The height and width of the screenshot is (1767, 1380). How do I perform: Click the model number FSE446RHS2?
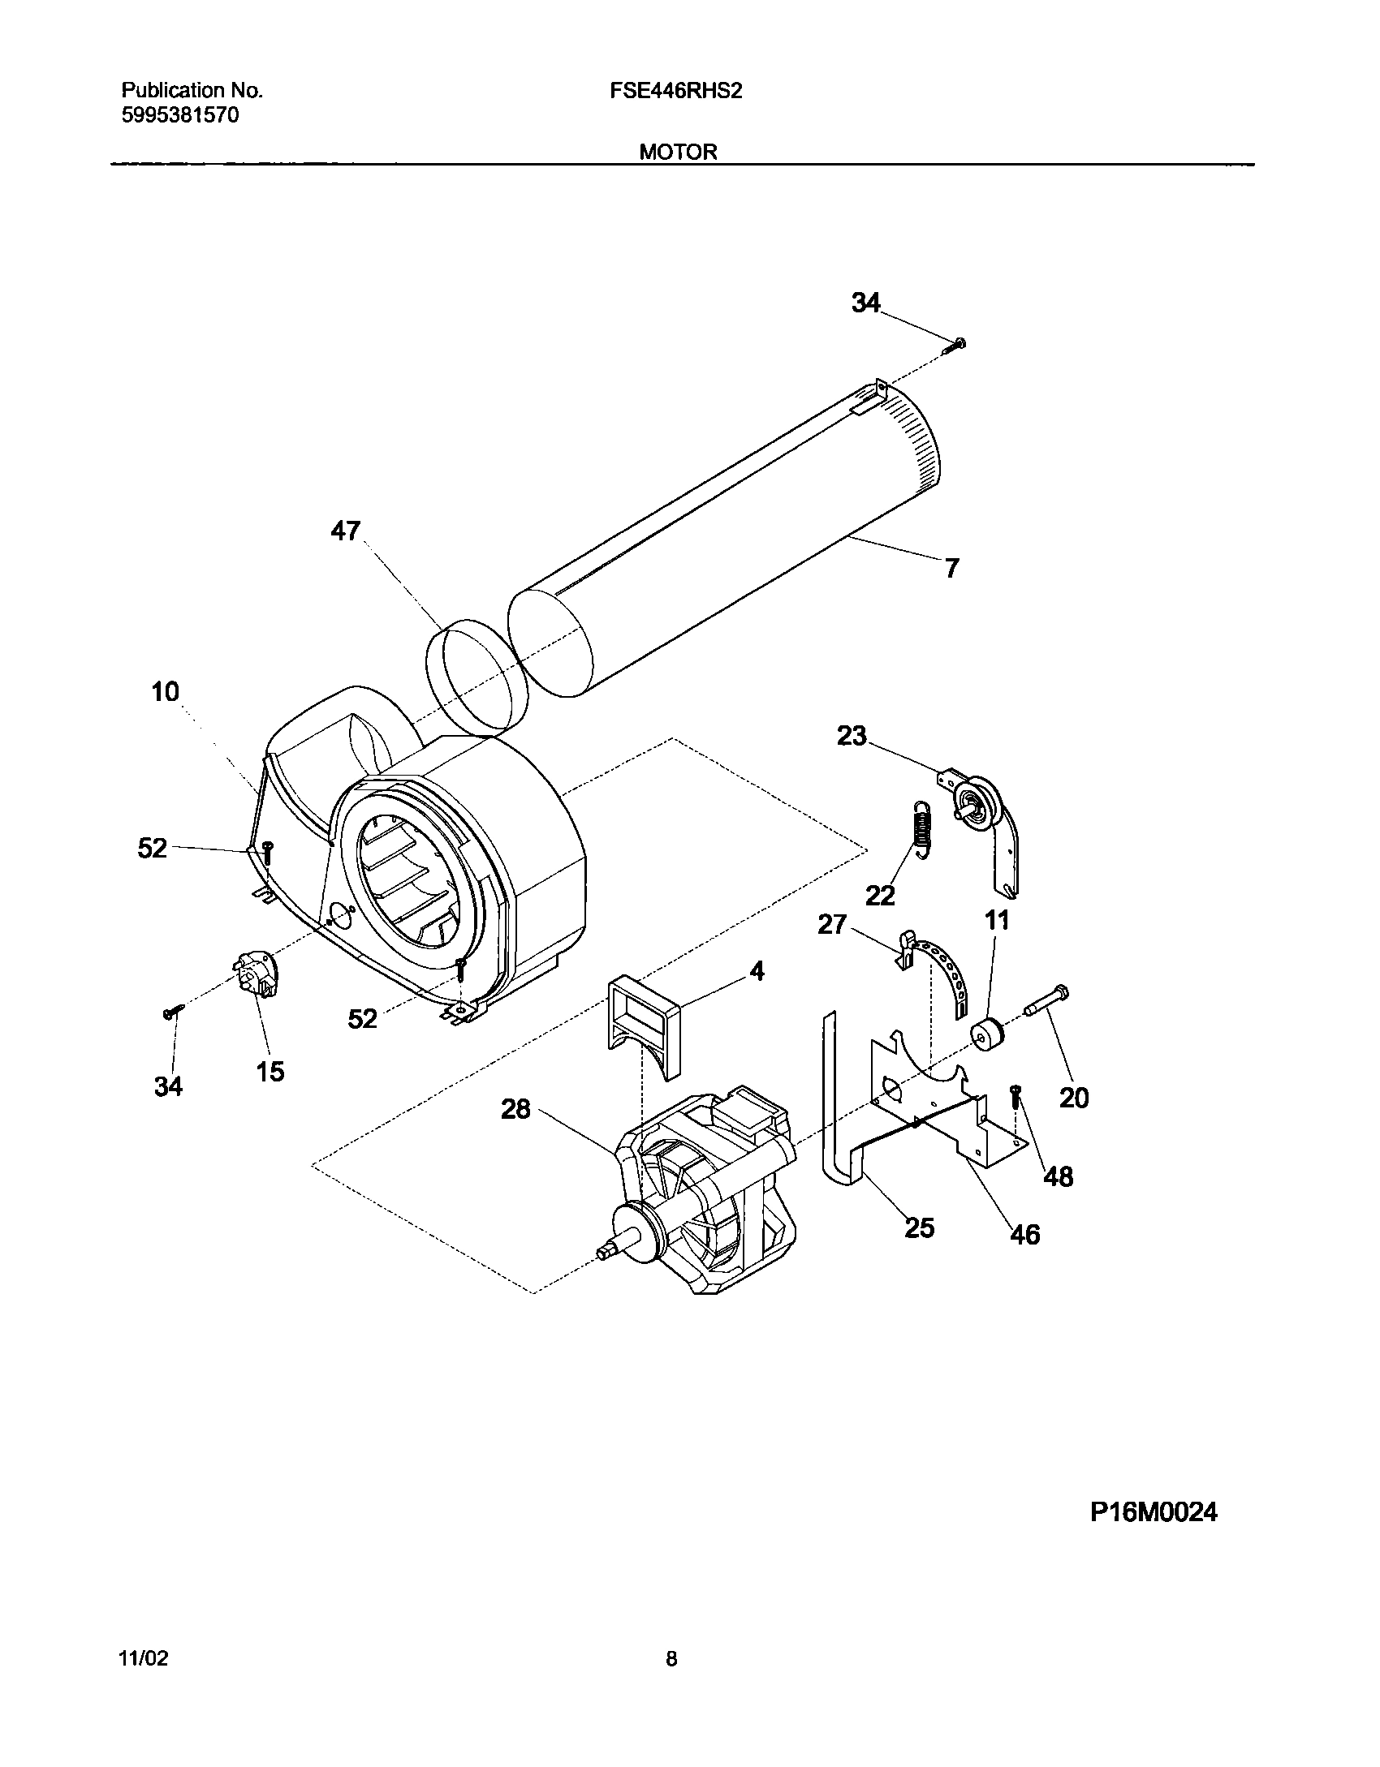coord(675,91)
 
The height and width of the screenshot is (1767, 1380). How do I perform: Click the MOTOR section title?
coord(678,152)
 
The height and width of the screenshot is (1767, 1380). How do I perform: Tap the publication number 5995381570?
coord(180,115)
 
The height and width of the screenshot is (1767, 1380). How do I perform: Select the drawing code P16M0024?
coord(1153,1512)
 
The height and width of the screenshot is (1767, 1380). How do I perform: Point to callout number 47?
coord(345,531)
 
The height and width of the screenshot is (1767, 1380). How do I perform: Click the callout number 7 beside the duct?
coord(951,568)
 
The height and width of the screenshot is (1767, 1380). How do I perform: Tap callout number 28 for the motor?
coord(515,1108)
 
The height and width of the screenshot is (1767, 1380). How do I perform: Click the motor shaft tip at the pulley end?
coord(605,1253)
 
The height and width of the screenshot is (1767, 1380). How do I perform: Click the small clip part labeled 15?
coord(257,976)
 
